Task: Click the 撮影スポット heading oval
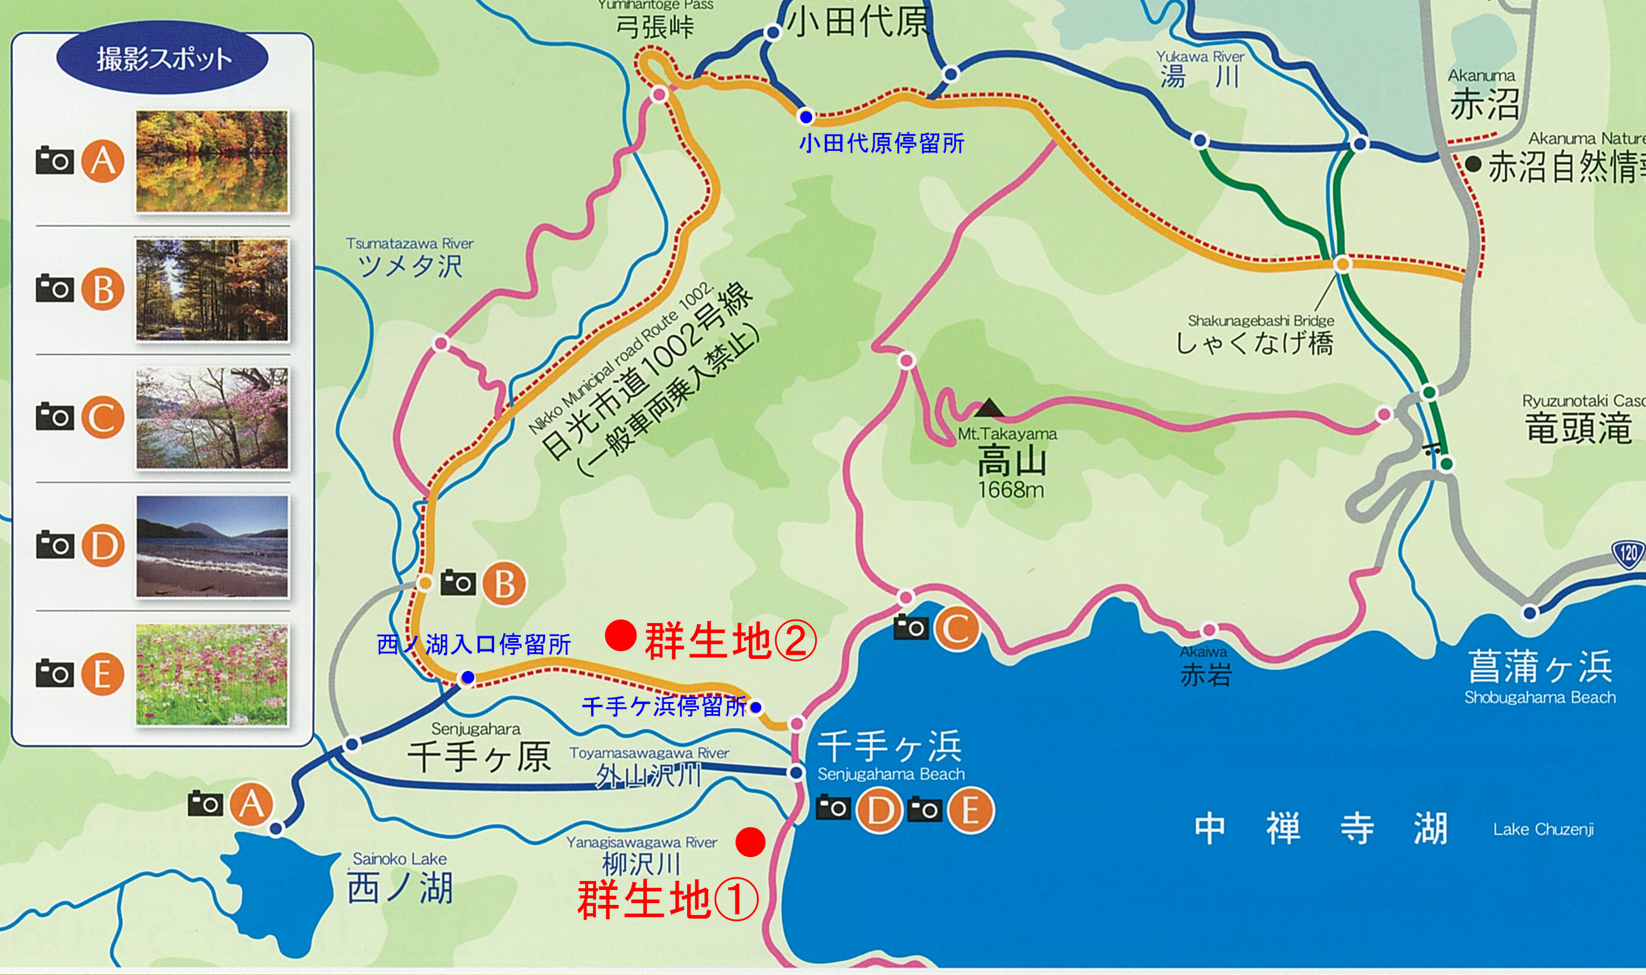pos(162,59)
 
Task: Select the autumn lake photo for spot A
pos(211,161)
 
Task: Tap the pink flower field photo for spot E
pos(211,675)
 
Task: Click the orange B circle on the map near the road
pos(504,584)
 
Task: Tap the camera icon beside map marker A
pos(205,803)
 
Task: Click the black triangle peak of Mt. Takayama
pos(989,409)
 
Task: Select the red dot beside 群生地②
pos(620,635)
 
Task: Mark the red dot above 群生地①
pos(750,842)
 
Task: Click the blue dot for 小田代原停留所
pos(806,117)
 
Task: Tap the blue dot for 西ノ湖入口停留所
pos(468,677)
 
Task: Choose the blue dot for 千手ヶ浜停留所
pos(756,707)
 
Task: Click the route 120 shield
pos(1628,553)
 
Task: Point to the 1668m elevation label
pos(1010,490)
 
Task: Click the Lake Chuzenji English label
pos(1543,829)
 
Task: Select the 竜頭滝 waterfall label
pos(1578,429)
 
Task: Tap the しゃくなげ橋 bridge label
pos(1255,344)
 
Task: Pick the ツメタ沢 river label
pos(410,267)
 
